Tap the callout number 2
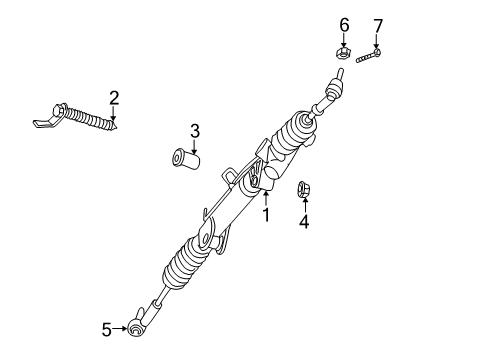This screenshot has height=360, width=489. click(x=114, y=97)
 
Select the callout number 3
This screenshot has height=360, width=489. click(x=195, y=130)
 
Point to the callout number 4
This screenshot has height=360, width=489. click(x=304, y=222)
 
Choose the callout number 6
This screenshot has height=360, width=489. click(x=343, y=24)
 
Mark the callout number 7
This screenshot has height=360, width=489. click(x=377, y=24)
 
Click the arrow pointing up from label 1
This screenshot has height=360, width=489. click(x=266, y=198)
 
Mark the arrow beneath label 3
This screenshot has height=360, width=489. click(x=195, y=145)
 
